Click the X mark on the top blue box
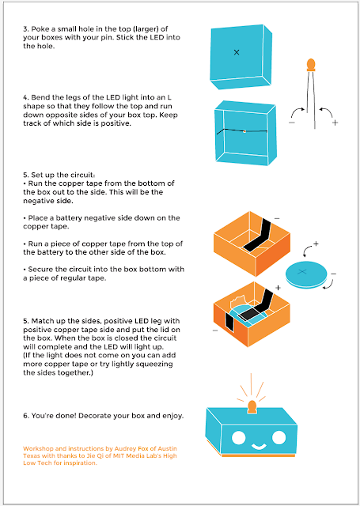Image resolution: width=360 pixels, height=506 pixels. [x=237, y=52]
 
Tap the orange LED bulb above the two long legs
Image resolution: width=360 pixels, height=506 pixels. [x=311, y=65]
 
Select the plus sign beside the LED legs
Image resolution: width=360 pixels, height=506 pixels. [x=335, y=123]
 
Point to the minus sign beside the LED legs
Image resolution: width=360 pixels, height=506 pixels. [x=292, y=123]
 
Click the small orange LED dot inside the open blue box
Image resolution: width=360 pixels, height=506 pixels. [x=244, y=131]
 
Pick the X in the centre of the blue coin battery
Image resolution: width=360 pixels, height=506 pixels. [x=302, y=272]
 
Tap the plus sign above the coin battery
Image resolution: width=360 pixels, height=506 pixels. [x=316, y=244]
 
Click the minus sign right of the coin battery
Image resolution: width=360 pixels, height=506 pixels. [x=334, y=274]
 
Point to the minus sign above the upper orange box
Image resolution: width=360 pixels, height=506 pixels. [x=277, y=218]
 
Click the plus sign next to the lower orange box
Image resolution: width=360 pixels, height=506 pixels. [x=278, y=288]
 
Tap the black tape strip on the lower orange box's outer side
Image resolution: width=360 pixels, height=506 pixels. [x=230, y=323]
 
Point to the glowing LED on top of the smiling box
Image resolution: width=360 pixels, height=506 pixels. [x=252, y=406]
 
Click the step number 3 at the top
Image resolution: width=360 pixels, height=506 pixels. [x=26, y=29]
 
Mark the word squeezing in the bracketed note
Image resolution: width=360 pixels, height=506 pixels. [x=157, y=364]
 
